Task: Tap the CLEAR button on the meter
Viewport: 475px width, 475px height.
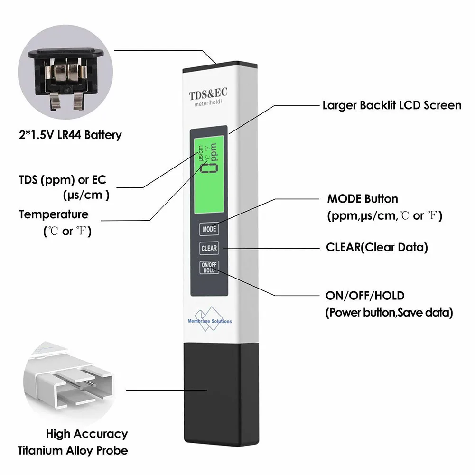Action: click(209, 248)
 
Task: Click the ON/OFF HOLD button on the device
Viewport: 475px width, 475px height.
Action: click(209, 268)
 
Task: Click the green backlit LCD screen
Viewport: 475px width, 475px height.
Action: click(209, 171)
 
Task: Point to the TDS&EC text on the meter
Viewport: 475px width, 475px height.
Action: click(209, 94)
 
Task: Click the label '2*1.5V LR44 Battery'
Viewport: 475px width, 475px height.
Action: click(70, 135)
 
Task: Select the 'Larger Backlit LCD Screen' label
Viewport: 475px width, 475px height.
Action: click(391, 105)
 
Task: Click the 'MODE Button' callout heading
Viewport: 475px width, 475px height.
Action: click(363, 199)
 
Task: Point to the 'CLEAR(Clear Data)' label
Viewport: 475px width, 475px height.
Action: click(377, 247)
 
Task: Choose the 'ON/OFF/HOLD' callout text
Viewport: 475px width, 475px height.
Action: click(364, 296)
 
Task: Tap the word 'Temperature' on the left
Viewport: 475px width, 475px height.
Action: click(54, 214)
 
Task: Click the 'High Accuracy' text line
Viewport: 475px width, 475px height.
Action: click(87, 434)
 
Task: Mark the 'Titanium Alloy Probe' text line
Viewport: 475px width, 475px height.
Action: click(73, 450)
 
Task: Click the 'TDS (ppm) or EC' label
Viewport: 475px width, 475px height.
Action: click(63, 180)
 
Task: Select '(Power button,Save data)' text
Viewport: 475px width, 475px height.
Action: click(389, 313)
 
